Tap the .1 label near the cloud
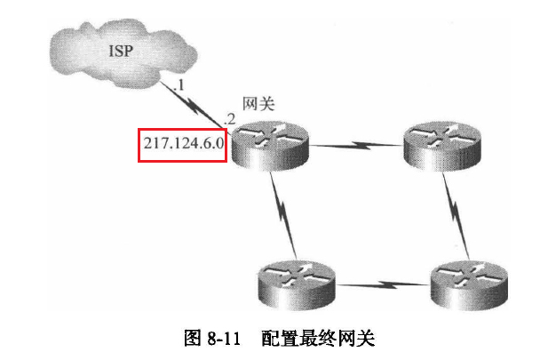pos(179,85)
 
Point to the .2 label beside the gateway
pos(230,118)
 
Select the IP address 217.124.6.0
pos(181,144)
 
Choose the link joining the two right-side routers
pos(454,212)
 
